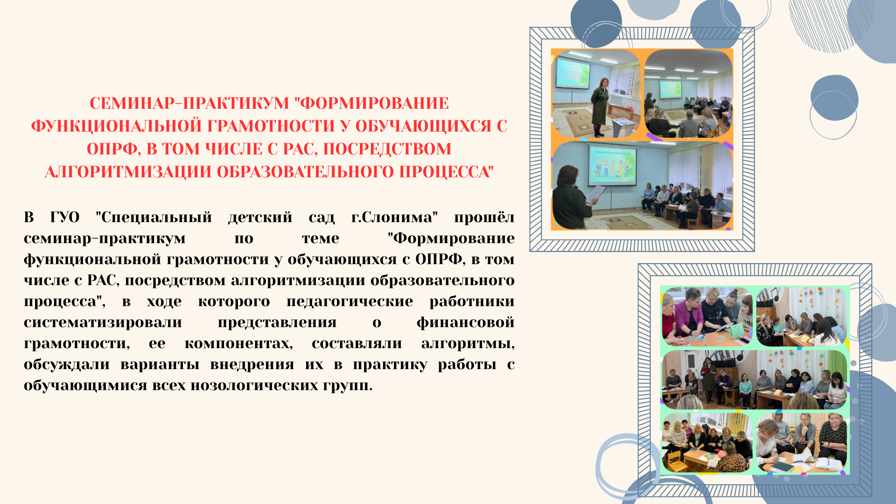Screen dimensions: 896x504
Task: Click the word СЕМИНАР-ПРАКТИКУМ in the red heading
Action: coord(189,103)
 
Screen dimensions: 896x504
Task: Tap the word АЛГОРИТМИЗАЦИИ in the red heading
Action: coord(128,172)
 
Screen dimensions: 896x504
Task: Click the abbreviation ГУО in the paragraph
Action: coord(65,217)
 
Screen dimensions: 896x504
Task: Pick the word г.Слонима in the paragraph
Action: coord(394,217)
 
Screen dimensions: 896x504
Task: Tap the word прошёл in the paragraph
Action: coord(484,217)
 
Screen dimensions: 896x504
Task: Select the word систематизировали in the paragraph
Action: coord(103,322)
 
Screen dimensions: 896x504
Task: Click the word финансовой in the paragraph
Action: coord(466,322)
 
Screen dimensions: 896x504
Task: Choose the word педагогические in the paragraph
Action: coord(350,301)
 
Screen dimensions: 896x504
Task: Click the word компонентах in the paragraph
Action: coord(239,343)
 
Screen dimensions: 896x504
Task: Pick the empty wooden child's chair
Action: coord(675,460)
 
